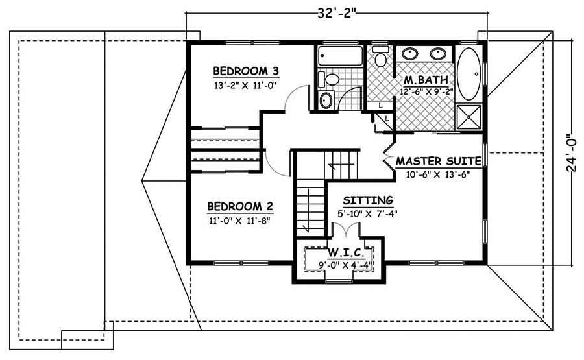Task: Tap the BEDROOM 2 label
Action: pos(240,207)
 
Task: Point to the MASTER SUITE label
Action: pos(438,161)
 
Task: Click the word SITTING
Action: pos(368,200)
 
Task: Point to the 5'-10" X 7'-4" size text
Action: pos(367,213)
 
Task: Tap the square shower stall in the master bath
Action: pos(469,117)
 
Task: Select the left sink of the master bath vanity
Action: pos(411,54)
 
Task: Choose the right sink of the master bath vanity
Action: pos(439,54)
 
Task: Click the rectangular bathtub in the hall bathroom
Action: pos(340,55)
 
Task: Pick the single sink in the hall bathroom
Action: pos(326,101)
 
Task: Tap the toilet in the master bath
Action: pos(380,59)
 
